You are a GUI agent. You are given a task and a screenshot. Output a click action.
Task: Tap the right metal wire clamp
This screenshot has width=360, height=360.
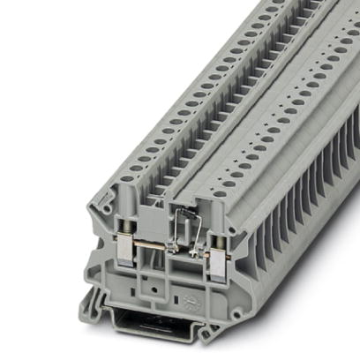(x=214, y=258)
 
